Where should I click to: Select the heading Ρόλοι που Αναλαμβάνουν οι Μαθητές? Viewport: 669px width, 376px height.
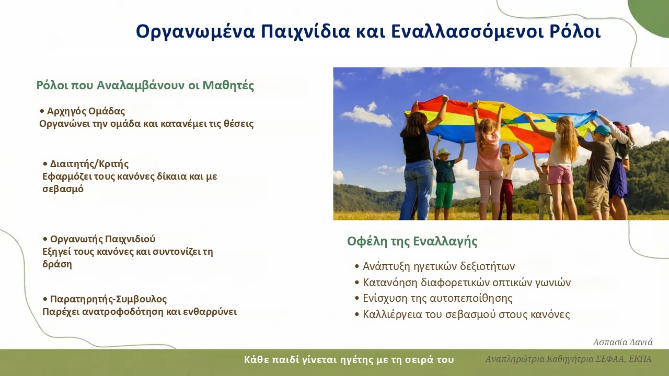click(145, 85)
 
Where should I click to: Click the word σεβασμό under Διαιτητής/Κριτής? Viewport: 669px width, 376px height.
click(63, 189)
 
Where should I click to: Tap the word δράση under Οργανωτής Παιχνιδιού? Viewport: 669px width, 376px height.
click(57, 264)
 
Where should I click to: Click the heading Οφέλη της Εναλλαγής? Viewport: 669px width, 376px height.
click(412, 241)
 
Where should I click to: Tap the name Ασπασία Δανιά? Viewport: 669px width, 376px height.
click(622, 342)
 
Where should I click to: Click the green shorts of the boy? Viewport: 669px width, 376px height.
click(444, 195)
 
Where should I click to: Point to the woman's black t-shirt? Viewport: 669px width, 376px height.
click(417, 146)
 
